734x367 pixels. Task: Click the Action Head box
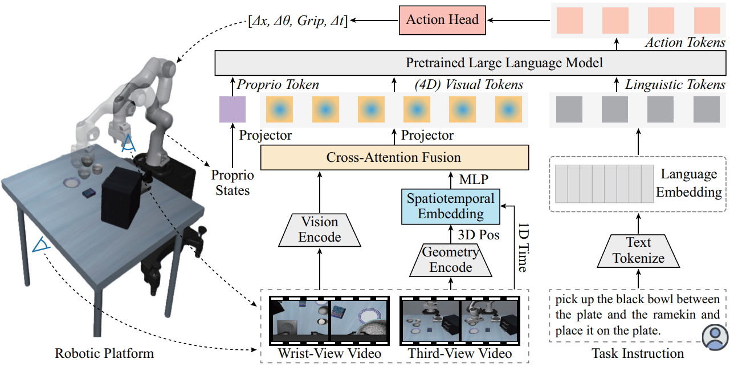click(x=442, y=20)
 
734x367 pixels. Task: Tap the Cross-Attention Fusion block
click(x=394, y=157)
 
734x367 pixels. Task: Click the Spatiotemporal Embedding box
click(x=451, y=206)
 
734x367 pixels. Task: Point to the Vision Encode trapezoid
click(x=320, y=230)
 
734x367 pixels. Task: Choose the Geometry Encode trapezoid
click(x=450, y=260)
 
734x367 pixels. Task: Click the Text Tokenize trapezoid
click(x=638, y=251)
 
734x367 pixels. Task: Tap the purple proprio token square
click(x=233, y=110)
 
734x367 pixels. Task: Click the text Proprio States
click(x=232, y=182)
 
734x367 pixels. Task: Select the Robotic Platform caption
click(x=104, y=353)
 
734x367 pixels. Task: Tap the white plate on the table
click(x=72, y=182)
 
